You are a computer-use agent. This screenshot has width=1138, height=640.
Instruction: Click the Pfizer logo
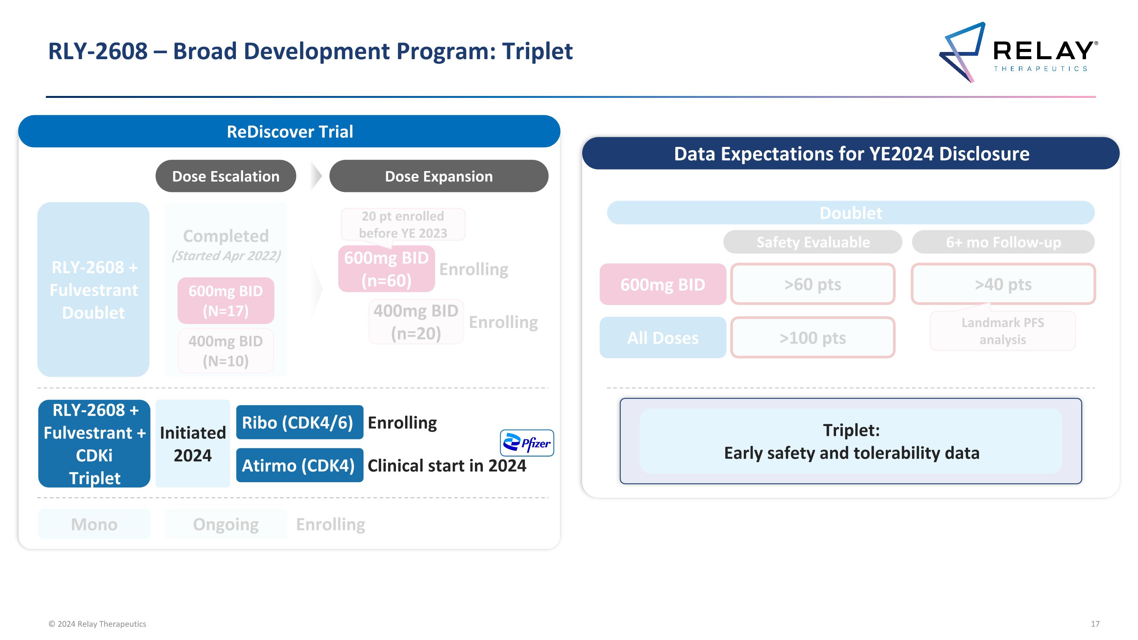click(x=527, y=443)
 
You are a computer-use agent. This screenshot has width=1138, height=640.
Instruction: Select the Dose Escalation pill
click(x=226, y=176)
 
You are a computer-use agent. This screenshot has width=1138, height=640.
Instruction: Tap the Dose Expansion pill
click(x=439, y=176)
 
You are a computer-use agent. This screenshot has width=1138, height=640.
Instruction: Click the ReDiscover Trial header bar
click(x=289, y=131)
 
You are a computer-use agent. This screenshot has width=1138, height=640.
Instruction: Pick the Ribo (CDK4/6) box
click(x=300, y=422)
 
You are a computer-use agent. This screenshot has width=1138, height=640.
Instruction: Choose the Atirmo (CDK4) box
click(x=300, y=465)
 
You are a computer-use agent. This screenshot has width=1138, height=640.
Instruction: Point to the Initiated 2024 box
click(x=193, y=443)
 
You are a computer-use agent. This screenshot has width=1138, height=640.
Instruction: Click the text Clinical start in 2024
click(x=446, y=465)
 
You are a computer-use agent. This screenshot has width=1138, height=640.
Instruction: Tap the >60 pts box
click(x=813, y=284)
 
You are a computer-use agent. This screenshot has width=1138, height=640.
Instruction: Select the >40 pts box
click(x=1003, y=284)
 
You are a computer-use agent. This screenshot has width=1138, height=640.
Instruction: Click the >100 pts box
click(x=813, y=337)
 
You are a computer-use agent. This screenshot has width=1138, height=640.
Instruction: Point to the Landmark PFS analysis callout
click(x=1003, y=331)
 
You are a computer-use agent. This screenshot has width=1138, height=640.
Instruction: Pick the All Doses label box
click(x=663, y=337)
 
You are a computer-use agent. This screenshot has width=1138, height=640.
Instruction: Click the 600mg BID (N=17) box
click(x=226, y=300)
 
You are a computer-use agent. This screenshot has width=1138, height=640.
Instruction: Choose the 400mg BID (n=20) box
click(x=416, y=322)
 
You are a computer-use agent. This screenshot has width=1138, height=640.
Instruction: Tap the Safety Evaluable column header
click(x=813, y=242)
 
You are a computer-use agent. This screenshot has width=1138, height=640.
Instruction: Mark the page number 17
click(x=1095, y=624)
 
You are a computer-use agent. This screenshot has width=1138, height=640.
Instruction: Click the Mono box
click(x=94, y=524)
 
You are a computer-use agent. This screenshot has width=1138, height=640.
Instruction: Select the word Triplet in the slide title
click(x=537, y=51)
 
